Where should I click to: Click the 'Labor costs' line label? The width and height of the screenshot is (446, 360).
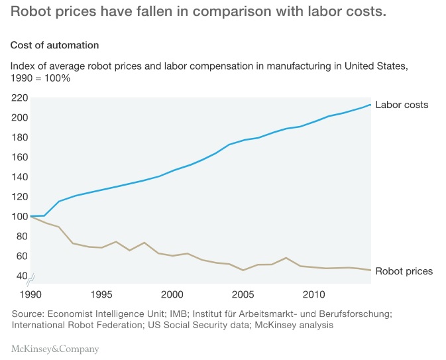[x=402, y=105]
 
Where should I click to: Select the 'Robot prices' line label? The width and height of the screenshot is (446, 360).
[x=404, y=271]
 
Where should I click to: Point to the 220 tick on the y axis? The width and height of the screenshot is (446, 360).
[x=19, y=98]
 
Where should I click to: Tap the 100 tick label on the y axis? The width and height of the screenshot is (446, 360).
[x=19, y=216]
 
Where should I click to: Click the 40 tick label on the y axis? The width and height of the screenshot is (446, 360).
[x=22, y=276]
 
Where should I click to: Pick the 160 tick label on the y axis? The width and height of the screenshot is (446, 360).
[x=19, y=157]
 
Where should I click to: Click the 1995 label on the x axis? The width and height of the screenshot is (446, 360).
[x=101, y=294]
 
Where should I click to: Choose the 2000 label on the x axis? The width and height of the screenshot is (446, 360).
[x=172, y=294]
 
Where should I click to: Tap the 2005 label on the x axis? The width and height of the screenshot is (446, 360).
[x=243, y=294]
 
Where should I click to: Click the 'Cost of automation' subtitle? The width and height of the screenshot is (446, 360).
[x=54, y=45]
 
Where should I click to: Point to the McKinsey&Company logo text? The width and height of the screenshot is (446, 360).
[x=54, y=349]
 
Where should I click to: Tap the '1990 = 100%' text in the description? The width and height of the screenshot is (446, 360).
[x=40, y=78]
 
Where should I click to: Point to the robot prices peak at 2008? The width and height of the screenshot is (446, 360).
[x=286, y=258]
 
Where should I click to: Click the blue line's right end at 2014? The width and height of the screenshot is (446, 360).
[x=370, y=105]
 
